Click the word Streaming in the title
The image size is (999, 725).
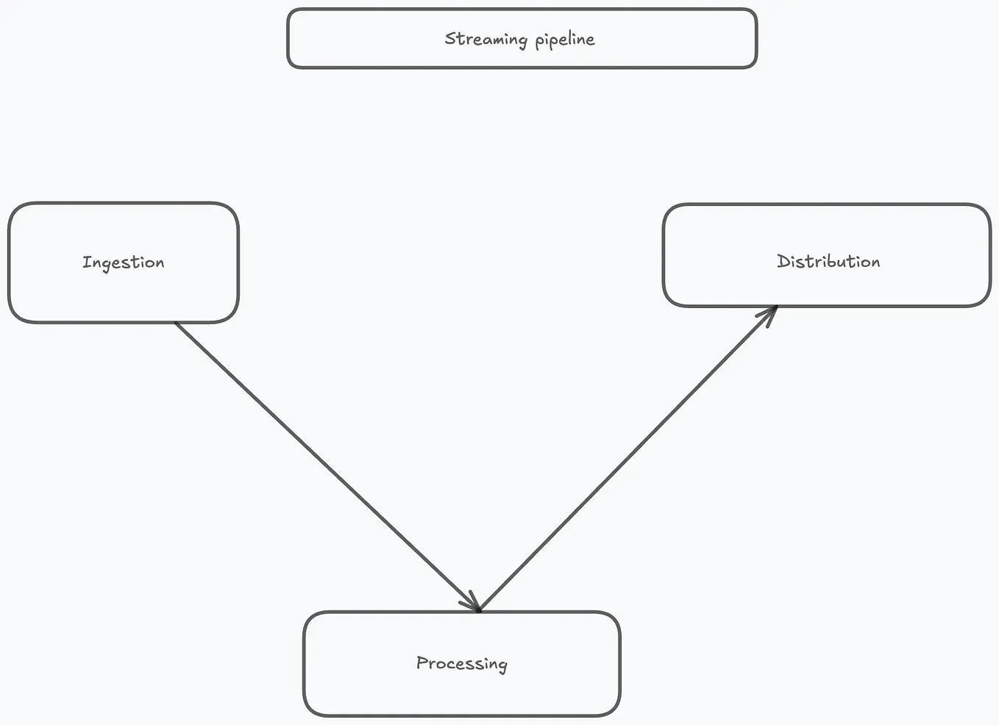(x=486, y=39)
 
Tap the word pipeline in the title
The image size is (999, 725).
(x=565, y=40)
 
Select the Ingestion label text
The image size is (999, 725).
(x=124, y=262)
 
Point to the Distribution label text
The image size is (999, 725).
(x=828, y=261)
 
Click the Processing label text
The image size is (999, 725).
(x=461, y=663)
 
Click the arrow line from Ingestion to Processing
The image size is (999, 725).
(x=327, y=466)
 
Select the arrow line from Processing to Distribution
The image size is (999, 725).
(x=628, y=458)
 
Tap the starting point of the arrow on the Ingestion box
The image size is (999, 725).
(x=175, y=322)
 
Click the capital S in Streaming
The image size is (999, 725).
(x=450, y=38)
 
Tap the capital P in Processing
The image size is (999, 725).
(x=422, y=662)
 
